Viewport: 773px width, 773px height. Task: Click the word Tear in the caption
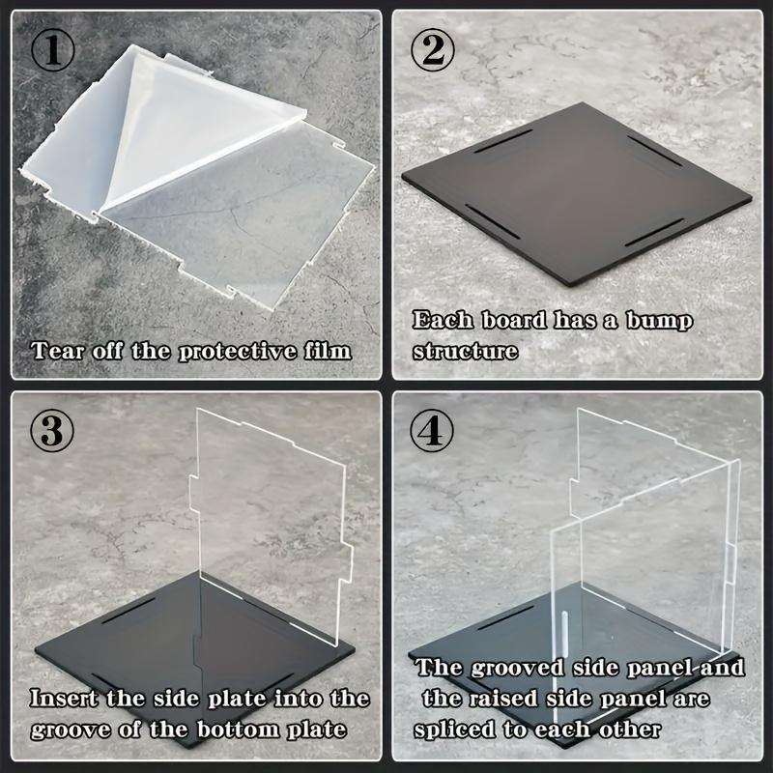[x=57, y=349]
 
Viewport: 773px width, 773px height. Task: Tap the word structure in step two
[x=465, y=350]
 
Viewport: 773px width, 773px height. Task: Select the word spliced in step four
[x=459, y=727]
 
